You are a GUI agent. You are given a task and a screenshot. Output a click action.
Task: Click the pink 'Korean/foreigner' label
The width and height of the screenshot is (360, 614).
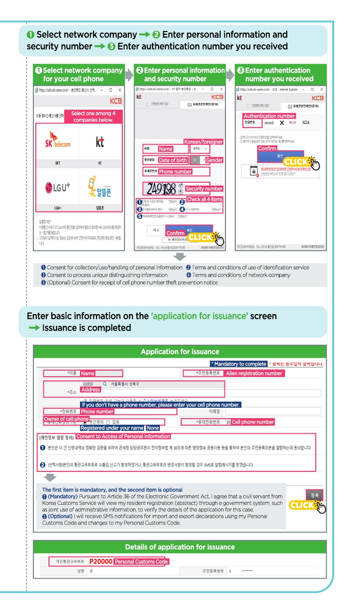click(x=203, y=142)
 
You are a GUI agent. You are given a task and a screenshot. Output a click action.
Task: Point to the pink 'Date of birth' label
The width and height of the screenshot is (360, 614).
click(x=173, y=160)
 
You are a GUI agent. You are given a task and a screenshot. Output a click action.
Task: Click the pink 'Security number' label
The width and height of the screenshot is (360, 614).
click(x=204, y=189)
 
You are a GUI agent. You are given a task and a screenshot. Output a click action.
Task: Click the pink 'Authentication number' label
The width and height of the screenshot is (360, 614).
click(x=269, y=116)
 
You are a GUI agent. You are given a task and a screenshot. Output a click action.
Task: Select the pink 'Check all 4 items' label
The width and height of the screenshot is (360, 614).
click(x=205, y=199)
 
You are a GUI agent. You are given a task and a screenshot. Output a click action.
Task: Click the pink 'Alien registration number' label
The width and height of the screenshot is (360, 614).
click(x=254, y=373)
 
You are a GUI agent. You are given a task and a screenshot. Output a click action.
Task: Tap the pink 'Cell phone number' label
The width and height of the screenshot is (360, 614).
click(x=253, y=422)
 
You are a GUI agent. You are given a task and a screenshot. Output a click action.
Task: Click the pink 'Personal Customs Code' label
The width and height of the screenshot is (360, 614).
click(x=141, y=562)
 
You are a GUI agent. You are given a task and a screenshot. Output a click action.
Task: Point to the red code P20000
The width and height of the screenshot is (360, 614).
click(x=101, y=562)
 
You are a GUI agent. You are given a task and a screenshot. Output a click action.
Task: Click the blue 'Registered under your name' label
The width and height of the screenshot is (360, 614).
click(x=112, y=428)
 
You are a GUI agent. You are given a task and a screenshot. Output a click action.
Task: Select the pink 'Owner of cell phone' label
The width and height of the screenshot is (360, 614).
click(x=66, y=419)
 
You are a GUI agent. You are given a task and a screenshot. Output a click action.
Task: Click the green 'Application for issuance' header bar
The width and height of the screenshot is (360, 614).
click(x=180, y=352)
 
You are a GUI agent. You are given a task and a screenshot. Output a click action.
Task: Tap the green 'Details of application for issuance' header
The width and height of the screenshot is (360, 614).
click(x=180, y=547)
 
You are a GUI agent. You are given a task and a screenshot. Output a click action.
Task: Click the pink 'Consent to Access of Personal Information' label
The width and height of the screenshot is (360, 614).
click(x=123, y=436)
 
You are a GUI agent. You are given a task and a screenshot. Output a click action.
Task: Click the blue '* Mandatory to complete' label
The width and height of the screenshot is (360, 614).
click(x=239, y=364)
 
